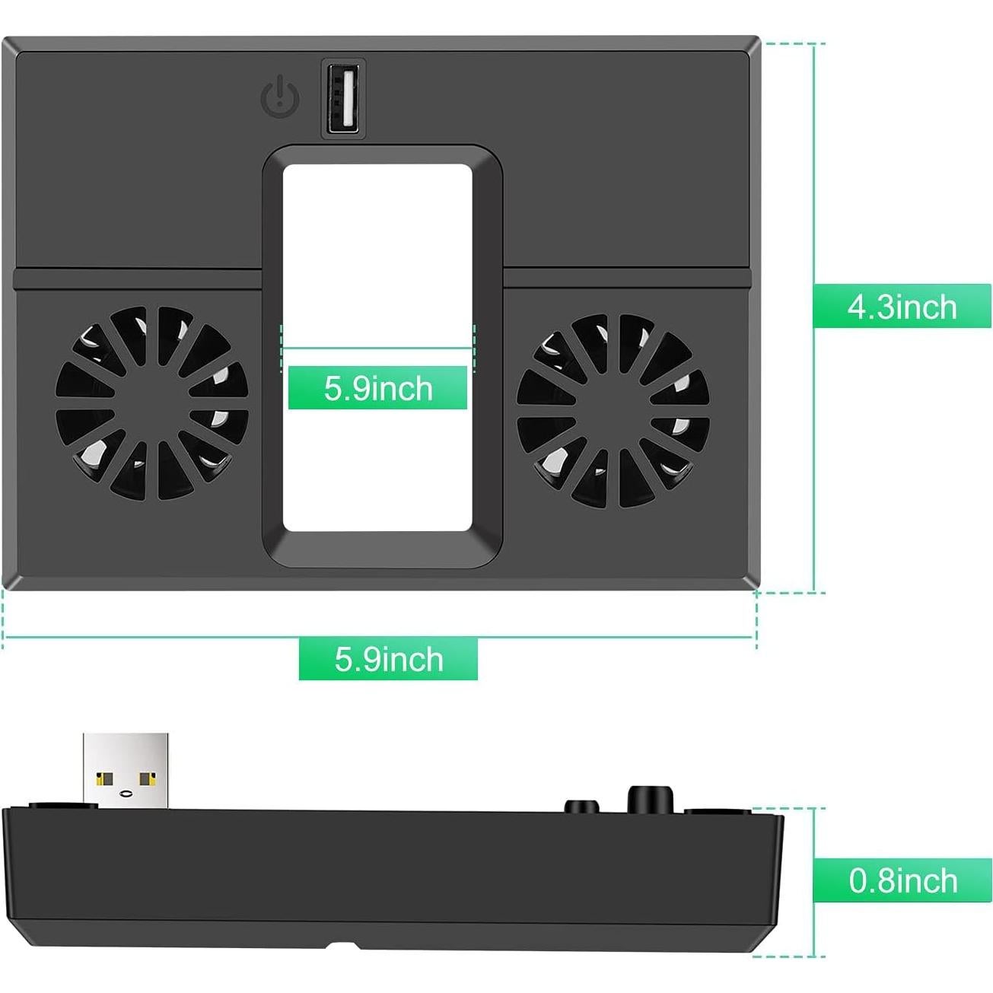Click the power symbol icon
coord(280,97)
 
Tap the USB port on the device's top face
coord(343,99)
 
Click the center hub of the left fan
coord(152,403)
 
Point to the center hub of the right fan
coord(613,411)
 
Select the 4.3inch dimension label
coord(902,307)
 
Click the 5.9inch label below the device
coord(388,659)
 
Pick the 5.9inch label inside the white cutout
coord(377,388)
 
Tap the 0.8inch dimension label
coord(902,880)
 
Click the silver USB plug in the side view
coord(126,769)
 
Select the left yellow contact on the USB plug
coord(105,778)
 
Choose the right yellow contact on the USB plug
coord(147,778)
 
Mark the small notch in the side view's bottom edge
coord(342,946)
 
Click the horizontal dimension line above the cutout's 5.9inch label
coord(377,349)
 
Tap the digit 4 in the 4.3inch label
coord(857,307)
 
